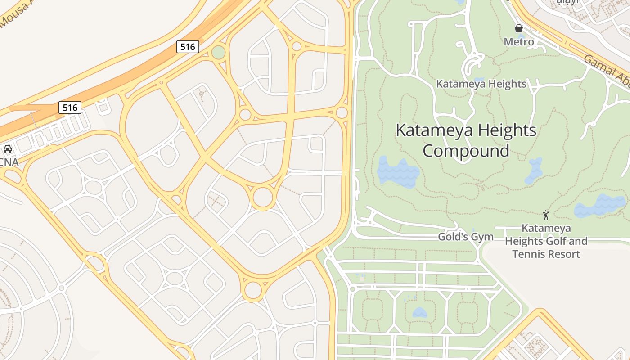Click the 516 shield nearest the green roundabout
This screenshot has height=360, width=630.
187,46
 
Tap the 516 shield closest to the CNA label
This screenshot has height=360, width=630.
70,108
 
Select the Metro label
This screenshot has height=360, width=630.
519,42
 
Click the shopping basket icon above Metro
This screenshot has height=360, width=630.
519,28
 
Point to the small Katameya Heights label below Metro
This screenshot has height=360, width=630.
481,84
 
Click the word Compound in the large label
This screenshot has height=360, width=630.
466,151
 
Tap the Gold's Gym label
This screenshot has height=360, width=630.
466,237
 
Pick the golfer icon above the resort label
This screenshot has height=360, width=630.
546,215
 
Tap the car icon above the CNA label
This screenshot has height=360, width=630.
8,148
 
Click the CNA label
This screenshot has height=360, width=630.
9,162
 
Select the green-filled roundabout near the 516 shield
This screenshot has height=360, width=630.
218,52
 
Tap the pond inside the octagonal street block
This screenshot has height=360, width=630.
419,312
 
